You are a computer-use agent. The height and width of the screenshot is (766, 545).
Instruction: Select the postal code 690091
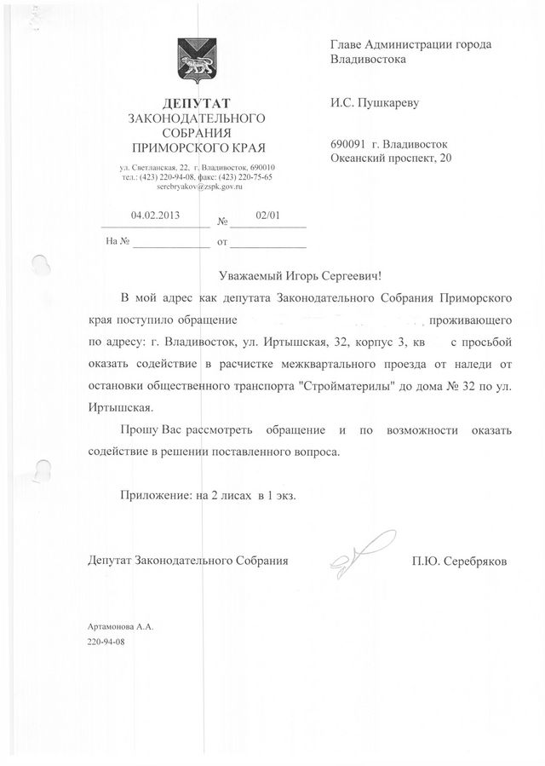(346, 144)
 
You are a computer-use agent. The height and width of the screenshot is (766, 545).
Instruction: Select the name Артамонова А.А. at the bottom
(118, 626)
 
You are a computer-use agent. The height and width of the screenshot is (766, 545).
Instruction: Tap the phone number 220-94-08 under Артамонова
(106, 640)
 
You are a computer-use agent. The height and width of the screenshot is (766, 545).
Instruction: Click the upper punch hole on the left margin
(39, 265)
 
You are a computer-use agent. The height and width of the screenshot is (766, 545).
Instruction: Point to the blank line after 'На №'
(170, 242)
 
